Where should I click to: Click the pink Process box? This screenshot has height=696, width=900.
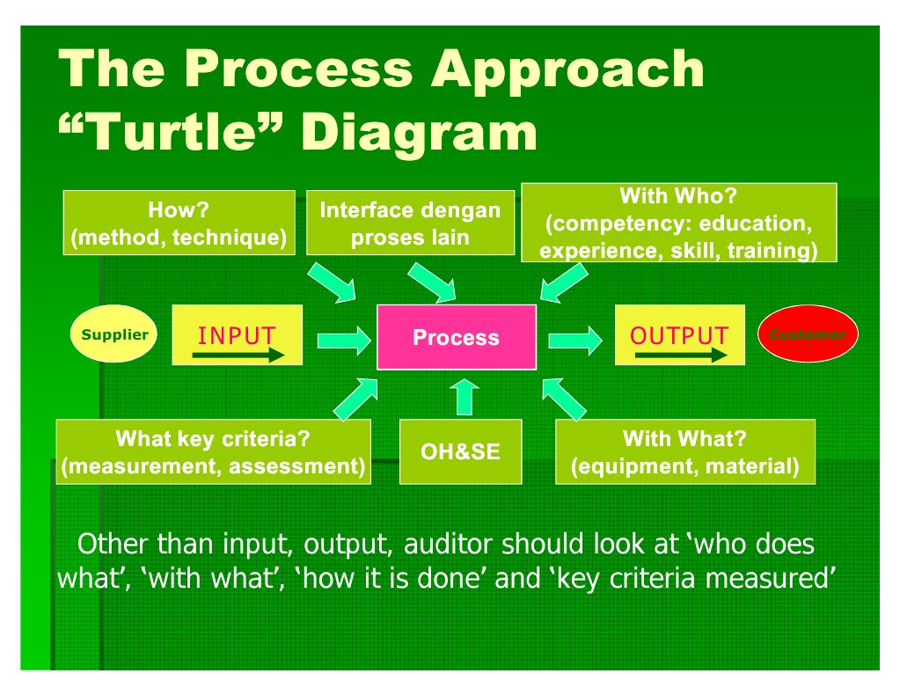(456, 337)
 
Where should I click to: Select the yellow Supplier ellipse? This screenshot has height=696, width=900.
(114, 335)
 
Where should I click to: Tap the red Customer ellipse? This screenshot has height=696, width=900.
(807, 334)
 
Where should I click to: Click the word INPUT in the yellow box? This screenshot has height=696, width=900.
(237, 335)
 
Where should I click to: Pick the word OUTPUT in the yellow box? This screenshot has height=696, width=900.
(678, 336)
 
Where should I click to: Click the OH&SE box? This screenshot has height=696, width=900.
(460, 452)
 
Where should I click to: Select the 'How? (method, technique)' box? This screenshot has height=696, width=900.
(179, 223)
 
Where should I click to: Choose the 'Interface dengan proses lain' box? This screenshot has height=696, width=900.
(410, 223)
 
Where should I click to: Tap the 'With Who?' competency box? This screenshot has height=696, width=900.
(678, 223)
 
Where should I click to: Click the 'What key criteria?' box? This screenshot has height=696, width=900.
(213, 452)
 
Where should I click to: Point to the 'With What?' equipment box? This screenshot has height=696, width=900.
(684, 452)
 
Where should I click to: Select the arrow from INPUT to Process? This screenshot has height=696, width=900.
(341, 337)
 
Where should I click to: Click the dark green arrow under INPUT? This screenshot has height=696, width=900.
(238, 355)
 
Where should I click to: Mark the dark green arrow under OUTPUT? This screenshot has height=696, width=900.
(680, 355)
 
